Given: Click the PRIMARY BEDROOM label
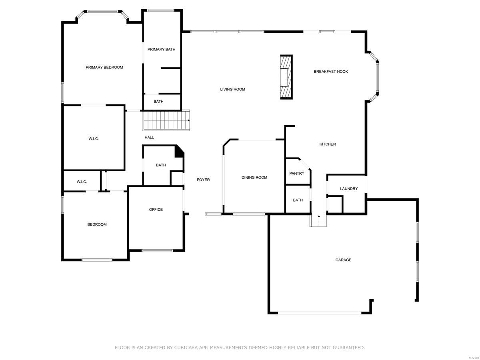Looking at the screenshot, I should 104,67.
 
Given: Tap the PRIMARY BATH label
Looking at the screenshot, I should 161,49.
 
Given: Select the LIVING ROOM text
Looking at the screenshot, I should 232,89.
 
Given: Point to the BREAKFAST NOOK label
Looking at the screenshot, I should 330,72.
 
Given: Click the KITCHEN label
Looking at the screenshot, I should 327,144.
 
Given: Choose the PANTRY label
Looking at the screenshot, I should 296,174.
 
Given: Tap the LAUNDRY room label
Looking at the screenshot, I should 348,189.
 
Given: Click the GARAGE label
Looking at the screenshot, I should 343,260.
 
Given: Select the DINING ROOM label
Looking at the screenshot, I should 254,178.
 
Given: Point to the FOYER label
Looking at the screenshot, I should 203,180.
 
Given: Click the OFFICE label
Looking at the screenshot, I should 156,210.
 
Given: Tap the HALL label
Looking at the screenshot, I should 149,137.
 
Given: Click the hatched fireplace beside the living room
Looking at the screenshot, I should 286,76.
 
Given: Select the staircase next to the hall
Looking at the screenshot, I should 166,120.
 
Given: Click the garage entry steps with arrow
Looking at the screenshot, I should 318,220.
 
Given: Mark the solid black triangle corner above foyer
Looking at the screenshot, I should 180,151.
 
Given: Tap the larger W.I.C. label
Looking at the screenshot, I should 94,139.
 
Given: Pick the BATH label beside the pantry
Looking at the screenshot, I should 298,200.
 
